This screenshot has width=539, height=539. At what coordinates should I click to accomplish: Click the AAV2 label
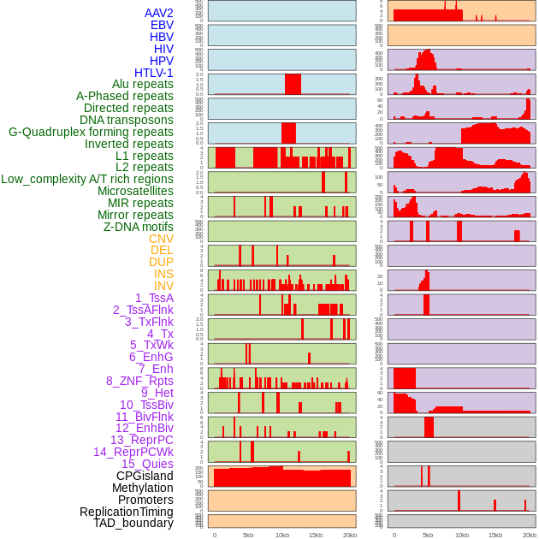[158, 14]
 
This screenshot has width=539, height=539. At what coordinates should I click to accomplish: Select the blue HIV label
[163, 49]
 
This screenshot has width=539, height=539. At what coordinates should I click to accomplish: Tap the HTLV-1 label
[153, 73]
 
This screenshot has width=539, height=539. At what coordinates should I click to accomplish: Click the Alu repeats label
[142, 85]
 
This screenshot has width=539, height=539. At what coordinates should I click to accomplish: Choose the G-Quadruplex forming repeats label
[91, 133]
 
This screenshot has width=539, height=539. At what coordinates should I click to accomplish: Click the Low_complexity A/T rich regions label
[86, 179]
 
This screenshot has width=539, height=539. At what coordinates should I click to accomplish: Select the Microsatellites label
[135, 191]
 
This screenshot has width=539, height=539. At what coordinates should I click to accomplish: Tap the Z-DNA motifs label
[138, 227]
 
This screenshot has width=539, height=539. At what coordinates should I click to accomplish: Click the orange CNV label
[161, 239]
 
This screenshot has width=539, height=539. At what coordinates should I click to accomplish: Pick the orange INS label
[163, 274]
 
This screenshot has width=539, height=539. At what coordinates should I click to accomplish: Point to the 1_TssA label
[154, 298]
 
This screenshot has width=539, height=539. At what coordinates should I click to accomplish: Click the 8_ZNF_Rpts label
[139, 381]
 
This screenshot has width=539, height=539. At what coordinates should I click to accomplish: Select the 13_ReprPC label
[141, 440]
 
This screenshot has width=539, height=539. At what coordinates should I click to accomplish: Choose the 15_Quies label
[147, 464]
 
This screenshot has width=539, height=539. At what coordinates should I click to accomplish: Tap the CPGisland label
[145, 476]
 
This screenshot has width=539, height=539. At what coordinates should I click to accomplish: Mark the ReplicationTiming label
[126, 512]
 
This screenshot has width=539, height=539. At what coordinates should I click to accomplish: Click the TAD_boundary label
[133, 523]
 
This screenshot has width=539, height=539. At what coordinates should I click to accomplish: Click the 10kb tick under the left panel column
[282, 535]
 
